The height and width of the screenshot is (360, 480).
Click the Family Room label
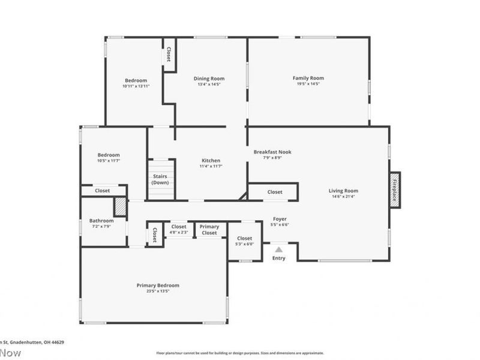[x=308, y=78]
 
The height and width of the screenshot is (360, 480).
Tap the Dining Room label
[x=209, y=79]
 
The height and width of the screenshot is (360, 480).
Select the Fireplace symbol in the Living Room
[x=395, y=190]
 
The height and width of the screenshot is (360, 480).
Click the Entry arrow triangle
[x=279, y=249]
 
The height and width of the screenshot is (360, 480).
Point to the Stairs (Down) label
[x=160, y=179]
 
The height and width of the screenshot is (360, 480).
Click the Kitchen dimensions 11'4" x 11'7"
[x=211, y=167]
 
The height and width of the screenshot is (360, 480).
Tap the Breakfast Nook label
[x=272, y=152]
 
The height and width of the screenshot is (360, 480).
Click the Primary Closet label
[x=209, y=230]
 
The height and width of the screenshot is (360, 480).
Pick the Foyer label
[x=280, y=219]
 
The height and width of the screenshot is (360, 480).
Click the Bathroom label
[x=101, y=220]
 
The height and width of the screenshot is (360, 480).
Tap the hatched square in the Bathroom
[x=121, y=206]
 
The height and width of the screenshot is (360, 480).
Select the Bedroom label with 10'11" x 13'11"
[x=136, y=80]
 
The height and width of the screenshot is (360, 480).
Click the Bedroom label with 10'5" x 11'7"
[x=109, y=155]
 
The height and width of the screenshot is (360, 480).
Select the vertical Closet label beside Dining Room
[x=169, y=55]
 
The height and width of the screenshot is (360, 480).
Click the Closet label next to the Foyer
[x=275, y=192]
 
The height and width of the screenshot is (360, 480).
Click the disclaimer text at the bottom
[x=240, y=353]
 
